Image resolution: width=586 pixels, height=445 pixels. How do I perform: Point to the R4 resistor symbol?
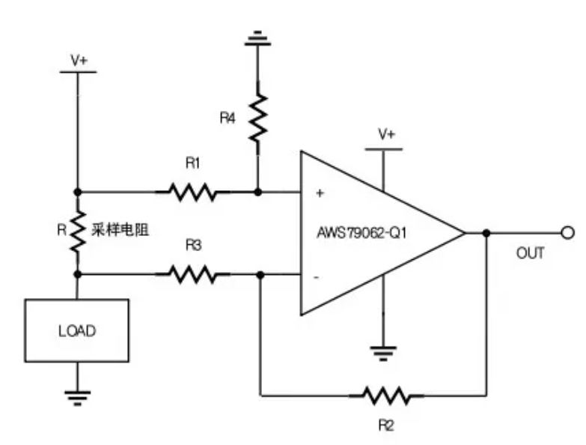257,118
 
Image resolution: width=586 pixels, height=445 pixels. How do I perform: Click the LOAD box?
76,330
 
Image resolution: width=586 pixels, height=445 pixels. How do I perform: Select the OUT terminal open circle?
567,233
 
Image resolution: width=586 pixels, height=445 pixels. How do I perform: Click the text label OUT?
530,254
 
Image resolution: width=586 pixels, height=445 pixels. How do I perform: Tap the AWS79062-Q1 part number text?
361,233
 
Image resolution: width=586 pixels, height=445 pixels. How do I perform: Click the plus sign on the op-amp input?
320,193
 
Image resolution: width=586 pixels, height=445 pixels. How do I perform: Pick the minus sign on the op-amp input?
317,277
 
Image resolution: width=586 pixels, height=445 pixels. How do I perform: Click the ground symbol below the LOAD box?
76,396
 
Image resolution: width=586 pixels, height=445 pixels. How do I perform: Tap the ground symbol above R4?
257,37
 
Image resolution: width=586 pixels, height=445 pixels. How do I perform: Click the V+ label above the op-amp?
386,135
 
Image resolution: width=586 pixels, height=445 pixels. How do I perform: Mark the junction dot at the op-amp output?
486,233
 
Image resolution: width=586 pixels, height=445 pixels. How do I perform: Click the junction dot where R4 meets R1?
257,193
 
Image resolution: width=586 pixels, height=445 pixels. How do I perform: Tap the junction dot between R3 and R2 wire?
260,275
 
